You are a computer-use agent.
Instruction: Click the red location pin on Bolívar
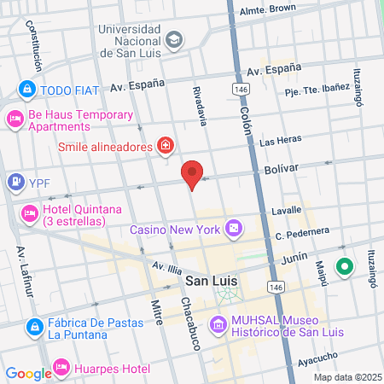[193, 174]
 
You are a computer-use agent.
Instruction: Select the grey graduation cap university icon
[174, 40]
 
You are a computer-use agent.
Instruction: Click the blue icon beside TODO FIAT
[27, 89]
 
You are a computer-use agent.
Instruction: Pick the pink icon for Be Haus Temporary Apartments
[15, 120]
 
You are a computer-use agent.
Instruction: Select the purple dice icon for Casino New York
[232, 230]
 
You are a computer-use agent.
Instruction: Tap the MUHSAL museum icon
[218, 323]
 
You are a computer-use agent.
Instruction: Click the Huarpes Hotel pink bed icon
[61, 369]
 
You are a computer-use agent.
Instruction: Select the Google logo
[28, 373]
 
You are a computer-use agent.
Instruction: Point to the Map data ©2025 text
[346, 377]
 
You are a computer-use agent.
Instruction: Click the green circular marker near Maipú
[345, 267]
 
